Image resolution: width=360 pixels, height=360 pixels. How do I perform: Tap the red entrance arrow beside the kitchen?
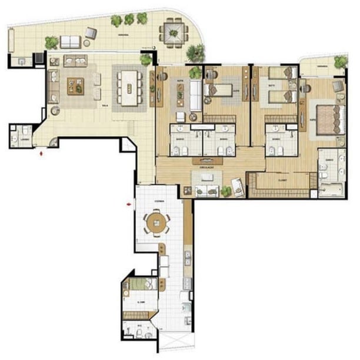(129, 205)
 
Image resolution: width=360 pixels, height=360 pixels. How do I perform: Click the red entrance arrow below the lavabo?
(41, 154)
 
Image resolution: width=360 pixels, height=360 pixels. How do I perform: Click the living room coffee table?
(75, 86)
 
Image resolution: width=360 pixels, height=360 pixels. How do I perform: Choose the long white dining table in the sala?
(128, 87)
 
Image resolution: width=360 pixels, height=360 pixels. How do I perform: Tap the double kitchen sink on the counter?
(187, 257)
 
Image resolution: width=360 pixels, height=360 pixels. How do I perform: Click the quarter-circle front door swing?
(54, 141)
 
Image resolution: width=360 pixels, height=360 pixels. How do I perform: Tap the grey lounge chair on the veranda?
(91, 32)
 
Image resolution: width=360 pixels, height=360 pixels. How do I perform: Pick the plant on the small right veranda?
(340, 61)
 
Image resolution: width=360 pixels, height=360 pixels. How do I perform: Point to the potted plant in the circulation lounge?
(225, 191)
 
